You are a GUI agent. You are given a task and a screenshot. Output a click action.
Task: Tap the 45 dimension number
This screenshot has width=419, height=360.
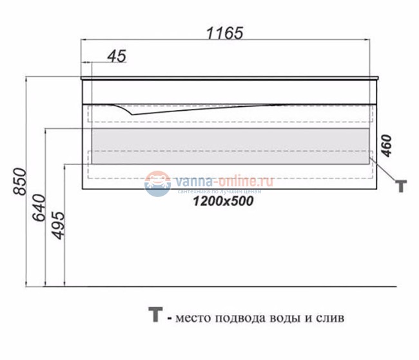[116, 57]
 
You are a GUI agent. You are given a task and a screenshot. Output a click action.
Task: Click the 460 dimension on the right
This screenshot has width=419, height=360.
[386, 146]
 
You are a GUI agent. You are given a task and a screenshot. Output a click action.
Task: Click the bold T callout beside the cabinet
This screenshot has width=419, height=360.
[400, 186]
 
